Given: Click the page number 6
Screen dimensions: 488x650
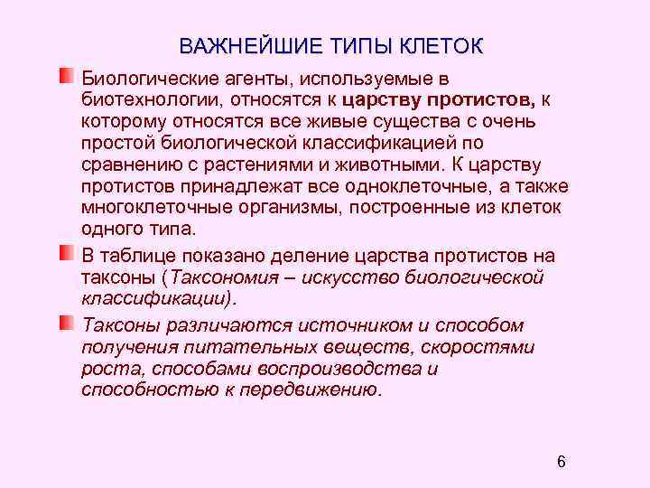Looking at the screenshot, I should tap(562, 463).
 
